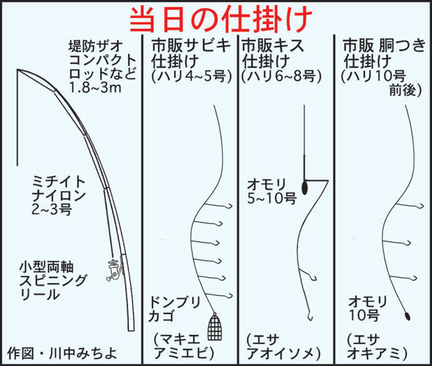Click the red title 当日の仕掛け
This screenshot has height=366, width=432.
click(220, 19)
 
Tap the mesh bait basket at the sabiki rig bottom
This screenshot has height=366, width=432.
click(215, 327)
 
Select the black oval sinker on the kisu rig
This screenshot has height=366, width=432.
click(304, 187)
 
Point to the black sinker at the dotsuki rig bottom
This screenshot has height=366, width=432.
click(407, 315)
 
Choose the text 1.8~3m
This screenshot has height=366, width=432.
click(95, 88)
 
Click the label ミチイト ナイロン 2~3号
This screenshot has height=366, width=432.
click(59, 196)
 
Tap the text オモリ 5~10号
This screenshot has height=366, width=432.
click(271, 191)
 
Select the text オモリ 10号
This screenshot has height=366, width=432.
click(368, 308)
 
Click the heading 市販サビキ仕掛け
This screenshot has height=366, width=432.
click(191, 53)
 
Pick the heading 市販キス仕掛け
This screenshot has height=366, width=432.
click(273, 53)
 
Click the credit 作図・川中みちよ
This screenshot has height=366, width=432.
click(62, 353)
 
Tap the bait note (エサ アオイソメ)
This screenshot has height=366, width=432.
click(284, 347)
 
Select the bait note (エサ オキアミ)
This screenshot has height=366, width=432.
click(377, 347)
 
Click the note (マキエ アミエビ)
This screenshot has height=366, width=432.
click(184, 347)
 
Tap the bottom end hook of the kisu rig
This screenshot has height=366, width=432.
click(311, 318)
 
